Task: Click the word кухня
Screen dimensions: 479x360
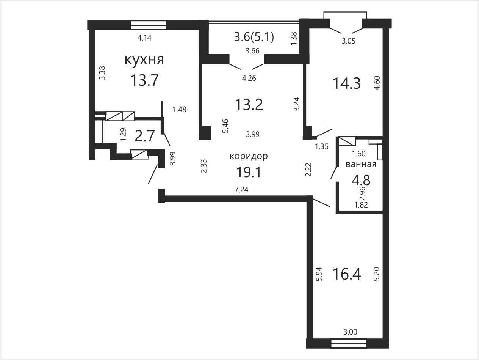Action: click(144, 60)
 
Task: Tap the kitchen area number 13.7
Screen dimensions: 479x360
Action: click(144, 80)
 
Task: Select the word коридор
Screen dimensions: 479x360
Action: click(249, 156)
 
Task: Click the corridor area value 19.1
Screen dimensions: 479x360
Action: click(249, 172)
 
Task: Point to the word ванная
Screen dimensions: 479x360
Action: click(361, 164)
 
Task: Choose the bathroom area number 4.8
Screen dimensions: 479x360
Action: click(361, 181)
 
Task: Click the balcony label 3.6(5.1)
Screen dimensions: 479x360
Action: click(254, 37)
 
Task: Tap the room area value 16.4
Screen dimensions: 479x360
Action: click(347, 274)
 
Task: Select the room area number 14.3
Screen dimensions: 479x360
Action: click(347, 83)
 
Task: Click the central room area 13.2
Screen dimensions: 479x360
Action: click(249, 105)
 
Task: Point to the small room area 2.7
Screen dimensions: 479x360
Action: click(145, 136)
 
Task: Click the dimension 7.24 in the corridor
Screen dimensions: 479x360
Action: click(241, 190)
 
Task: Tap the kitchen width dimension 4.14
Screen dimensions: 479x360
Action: click(144, 38)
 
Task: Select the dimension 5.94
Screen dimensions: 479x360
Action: click(319, 274)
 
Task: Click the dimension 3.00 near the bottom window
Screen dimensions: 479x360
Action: click(350, 332)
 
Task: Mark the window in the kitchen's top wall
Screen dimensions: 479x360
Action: click(149, 25)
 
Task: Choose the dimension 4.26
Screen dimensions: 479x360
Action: click(249, 78)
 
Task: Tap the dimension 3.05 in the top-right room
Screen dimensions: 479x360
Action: click(349, 41)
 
